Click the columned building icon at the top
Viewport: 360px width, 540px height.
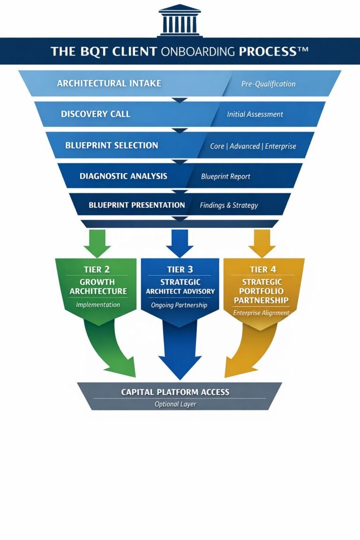coord(180,20)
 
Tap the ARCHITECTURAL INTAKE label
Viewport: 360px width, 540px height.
coord(109,83)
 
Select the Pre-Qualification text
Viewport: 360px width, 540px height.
coord(268,84)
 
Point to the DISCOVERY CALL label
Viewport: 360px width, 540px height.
coord(96,114)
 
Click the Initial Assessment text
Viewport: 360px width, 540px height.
coord(255,114)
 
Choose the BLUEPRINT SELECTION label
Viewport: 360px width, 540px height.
coord(112,145)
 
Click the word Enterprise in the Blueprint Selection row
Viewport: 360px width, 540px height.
coord(281,146)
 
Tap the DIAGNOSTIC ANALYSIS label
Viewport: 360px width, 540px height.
coord(123,176)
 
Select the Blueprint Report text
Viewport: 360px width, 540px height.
coord(225,177)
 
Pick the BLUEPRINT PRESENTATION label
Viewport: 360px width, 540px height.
coord(136,205)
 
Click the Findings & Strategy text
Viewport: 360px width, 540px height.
coord(229,205)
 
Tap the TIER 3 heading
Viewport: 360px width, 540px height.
coord(180,270)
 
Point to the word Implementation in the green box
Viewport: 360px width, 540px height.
coord(98,305)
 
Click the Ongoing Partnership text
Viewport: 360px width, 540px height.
coord(180,305)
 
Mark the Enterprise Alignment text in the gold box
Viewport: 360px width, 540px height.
coord(262,313)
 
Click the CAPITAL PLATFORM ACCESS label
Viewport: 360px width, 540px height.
coord(175,392)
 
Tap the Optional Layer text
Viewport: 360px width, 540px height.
coord(175,404)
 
